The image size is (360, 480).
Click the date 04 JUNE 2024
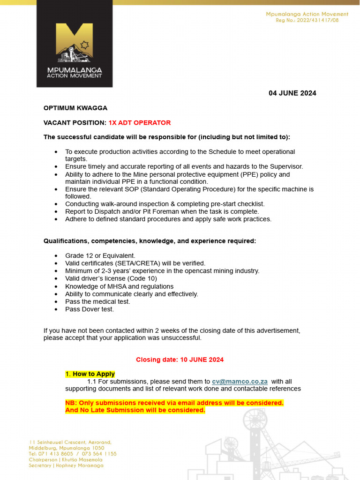(292, 93)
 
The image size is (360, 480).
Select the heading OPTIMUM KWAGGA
(75, 108)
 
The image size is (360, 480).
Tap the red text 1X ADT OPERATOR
(140, 123)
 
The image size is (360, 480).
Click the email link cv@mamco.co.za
(240, 382)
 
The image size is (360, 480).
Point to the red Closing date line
(180, 360)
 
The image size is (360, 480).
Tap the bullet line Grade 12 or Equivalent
(100, 256)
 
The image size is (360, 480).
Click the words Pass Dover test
(90, 309)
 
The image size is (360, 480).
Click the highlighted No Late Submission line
(135, 410)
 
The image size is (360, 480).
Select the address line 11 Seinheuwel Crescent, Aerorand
(70, 442)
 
